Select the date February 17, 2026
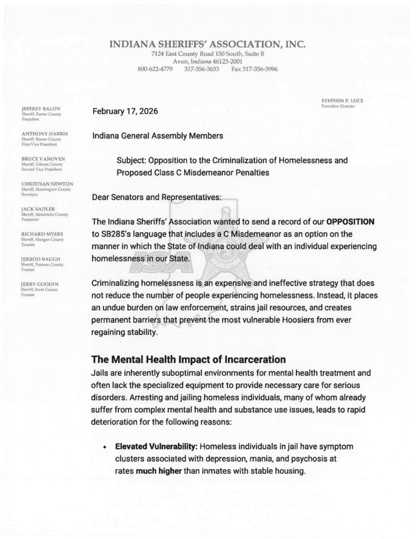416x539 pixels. (x=125, y=112)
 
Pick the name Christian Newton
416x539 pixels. (x=47, y=184)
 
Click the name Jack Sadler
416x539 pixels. (x=38, y=209)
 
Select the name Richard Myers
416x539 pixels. (x=42, y=234)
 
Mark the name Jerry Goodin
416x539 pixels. (x=39, y=284)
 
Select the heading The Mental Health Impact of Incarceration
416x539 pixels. (x=188, y=361)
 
